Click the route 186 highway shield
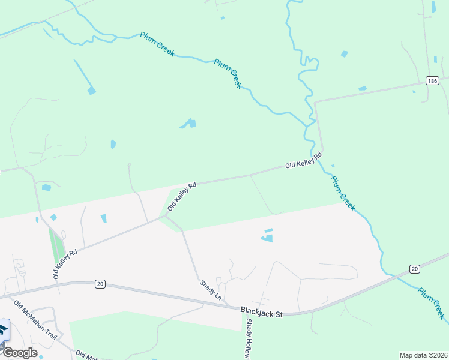point(431,80)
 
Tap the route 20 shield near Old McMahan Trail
point(100,283)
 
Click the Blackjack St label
point(261,311)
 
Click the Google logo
point(20,352)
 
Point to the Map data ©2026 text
point(423,355)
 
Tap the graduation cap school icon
point(3,329)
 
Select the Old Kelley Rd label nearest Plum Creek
point(303,160)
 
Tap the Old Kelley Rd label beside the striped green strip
point(65,264)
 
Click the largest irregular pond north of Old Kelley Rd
point(188,124)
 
